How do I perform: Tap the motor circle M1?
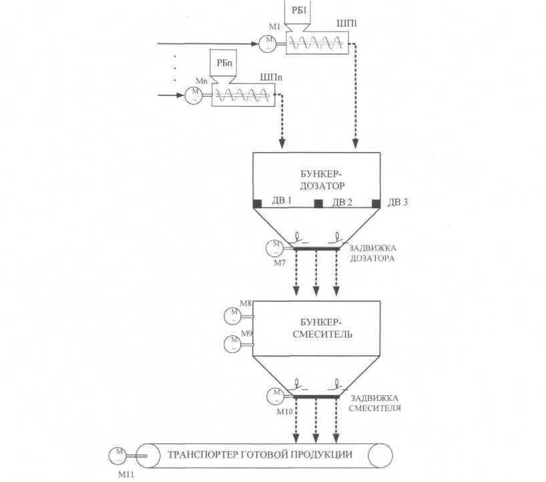tap(268, 43)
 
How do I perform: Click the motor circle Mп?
tap(194, 95)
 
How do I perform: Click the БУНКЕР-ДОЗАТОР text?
tap(323, 180)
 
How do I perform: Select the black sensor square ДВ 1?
tap(258, 204)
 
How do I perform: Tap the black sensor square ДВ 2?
tap(318, 204)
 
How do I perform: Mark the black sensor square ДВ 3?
tap(376, 204)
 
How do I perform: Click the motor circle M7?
tap(276, 248)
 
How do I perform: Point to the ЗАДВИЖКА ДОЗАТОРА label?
tap(372, 253)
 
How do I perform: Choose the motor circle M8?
tap(232, 316)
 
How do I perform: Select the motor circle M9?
tap(232, 344)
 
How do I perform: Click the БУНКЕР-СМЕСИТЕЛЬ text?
tap(322, 328)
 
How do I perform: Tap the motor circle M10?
tap(276, 397)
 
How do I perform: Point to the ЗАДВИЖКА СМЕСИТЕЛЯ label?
tap(374, 403)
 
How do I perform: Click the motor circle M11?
tap(118, 456)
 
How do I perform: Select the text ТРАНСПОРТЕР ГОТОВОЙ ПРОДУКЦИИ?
tap(260, 455)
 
